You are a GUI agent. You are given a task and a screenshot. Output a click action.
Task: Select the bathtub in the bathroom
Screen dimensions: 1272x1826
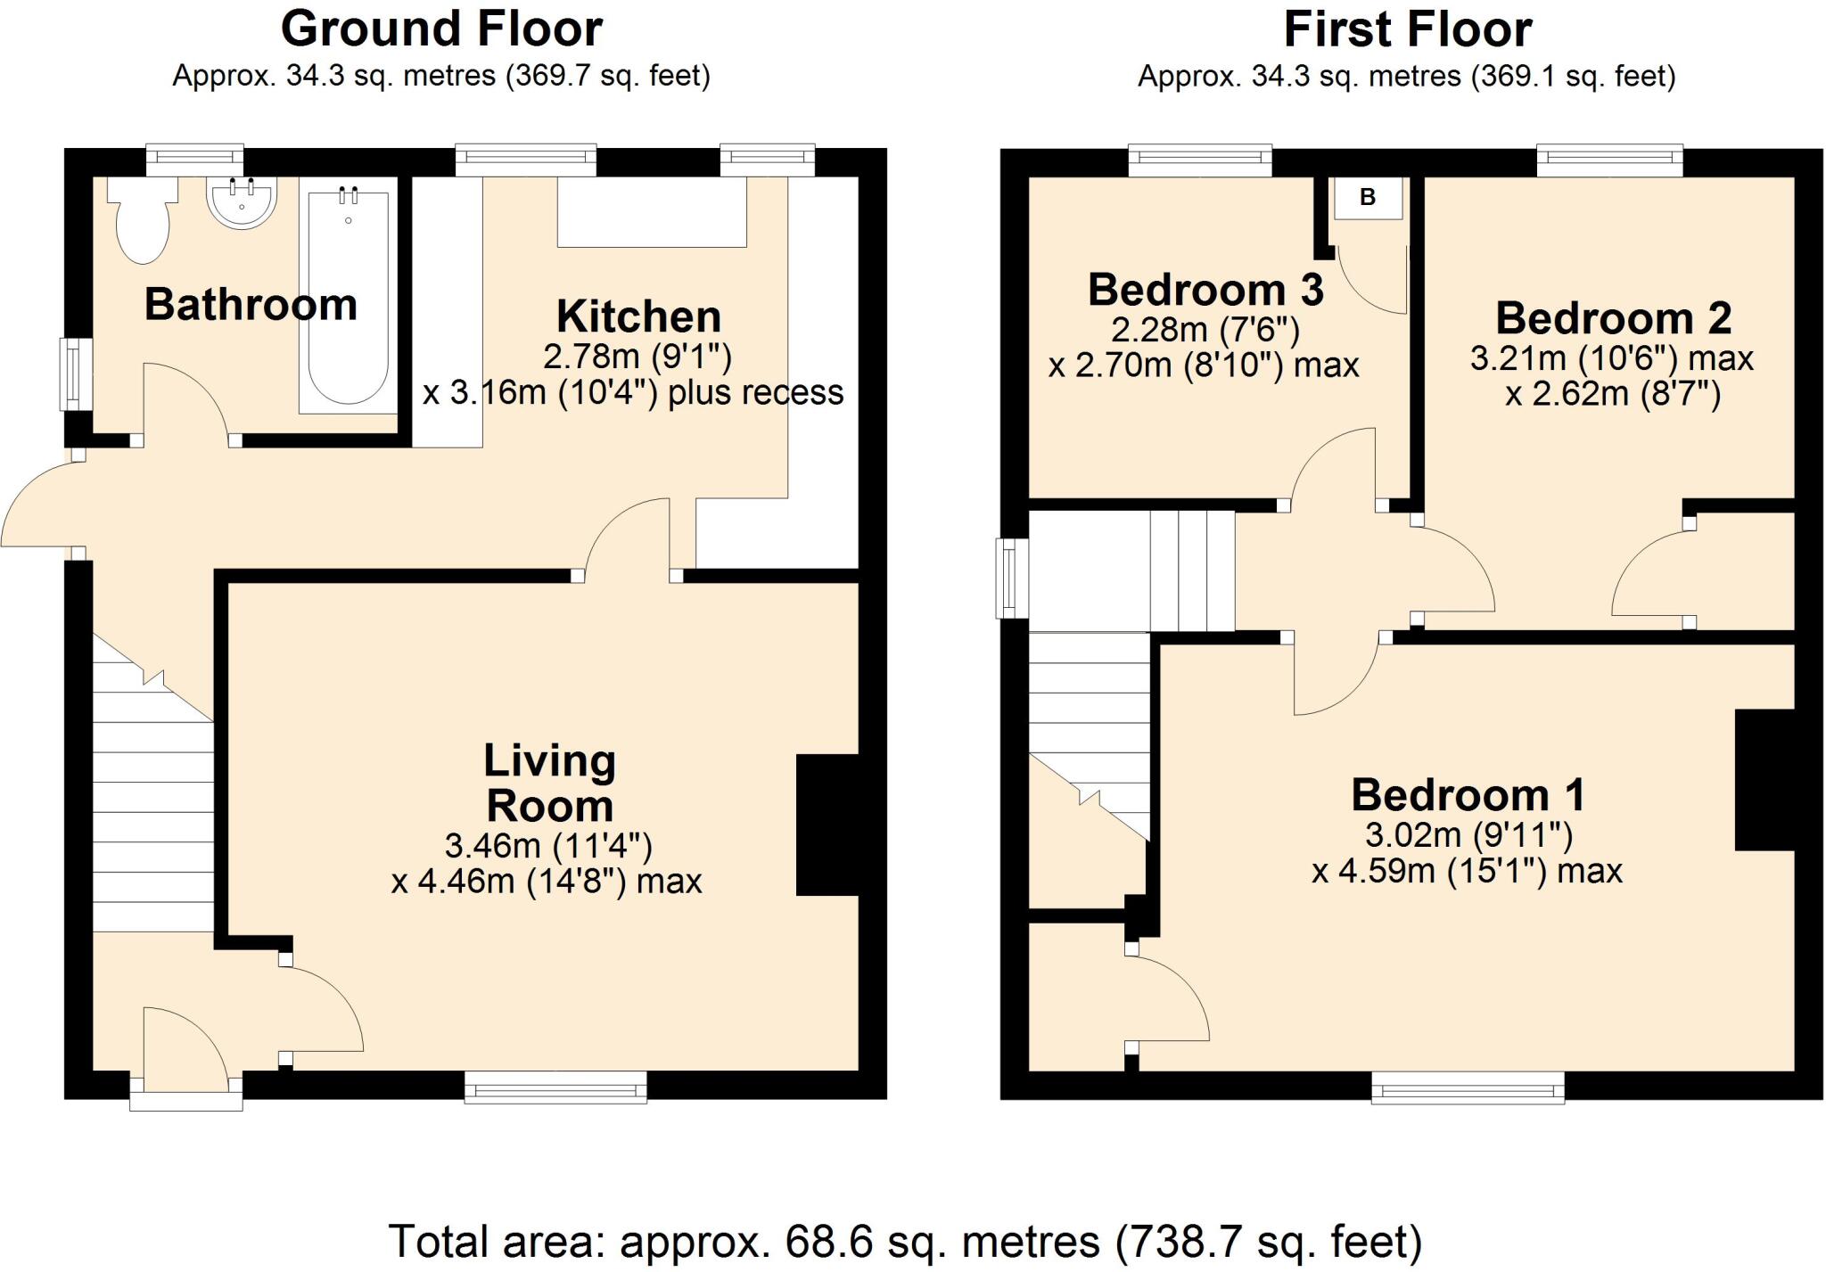point(348,301)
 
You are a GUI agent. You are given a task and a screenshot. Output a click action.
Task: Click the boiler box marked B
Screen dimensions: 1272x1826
point(1367,198)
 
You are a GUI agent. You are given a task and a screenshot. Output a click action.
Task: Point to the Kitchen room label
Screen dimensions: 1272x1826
point(638,316)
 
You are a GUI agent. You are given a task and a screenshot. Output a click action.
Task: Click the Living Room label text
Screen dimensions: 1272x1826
point(549,784)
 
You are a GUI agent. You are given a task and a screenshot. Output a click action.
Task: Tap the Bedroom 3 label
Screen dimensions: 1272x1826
point(1205,290)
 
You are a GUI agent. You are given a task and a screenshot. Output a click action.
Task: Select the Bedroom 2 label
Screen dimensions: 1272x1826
point(1613,318)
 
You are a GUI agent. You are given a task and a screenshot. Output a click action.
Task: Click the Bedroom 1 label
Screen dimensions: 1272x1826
point(1468,794)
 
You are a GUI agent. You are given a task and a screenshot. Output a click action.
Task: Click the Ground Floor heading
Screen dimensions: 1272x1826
point(441,29)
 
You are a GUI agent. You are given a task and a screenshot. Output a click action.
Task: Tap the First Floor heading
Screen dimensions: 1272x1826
point(1407,29)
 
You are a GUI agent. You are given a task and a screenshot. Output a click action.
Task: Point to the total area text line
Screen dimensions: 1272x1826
point(904,1241)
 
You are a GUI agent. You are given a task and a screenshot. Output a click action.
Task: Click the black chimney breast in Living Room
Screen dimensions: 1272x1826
point(827,825)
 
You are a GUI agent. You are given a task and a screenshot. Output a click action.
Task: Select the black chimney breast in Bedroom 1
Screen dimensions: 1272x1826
point(1764,780)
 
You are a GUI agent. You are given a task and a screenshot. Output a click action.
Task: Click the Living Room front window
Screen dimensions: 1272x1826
point(555,1087)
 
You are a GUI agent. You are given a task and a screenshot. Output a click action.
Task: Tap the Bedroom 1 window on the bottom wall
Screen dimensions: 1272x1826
point(1467,1088)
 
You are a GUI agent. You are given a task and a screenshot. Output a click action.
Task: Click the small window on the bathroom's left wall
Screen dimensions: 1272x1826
point(75,373)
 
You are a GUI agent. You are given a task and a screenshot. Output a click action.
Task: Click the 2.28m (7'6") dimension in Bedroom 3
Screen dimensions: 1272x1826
point(1205,331)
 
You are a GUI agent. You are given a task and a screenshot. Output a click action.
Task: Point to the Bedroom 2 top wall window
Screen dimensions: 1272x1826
point(1609,160)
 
